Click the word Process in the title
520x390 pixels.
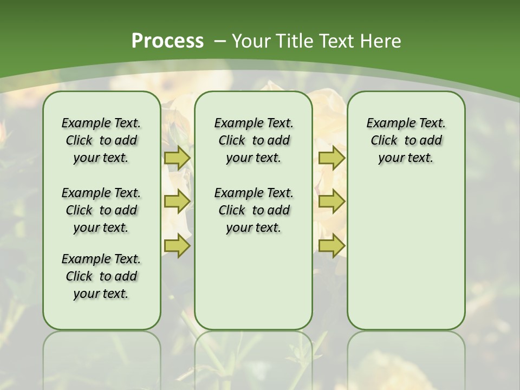tap(167, 41)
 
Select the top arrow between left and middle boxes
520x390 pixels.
tap(177, 158)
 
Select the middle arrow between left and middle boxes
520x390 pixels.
tap(177, 201)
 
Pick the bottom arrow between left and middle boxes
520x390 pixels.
tap(177, 246)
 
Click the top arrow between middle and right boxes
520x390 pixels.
tap(331, 158)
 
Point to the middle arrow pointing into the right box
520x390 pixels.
tap(331, 201)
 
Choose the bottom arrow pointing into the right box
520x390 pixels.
tap(331, 246)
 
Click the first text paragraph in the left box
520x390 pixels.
tap(101, 140)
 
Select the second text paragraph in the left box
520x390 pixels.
tap(101, 210)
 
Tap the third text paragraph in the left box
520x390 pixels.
tap(101, 276)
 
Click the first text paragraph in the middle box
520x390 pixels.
tap(253, 140)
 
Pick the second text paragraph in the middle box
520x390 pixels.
tap(253, 210)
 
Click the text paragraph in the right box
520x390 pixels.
tap(406, 140)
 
